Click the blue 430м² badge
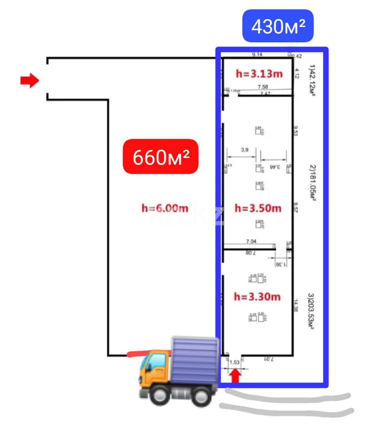pos(278,26)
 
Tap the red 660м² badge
pos(160,157)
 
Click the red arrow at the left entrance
pos(30,81)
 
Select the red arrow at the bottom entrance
pos(235,376)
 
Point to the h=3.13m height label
pos(259,73)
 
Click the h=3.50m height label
pos(258,208)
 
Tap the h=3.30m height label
pos(257,296)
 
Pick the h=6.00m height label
pos(165,208)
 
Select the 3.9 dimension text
pos(245,150)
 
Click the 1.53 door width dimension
pos(235,362)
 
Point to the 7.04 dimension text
pos(251,241)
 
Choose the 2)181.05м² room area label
pos(312,183)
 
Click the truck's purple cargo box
pos(195,360)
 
